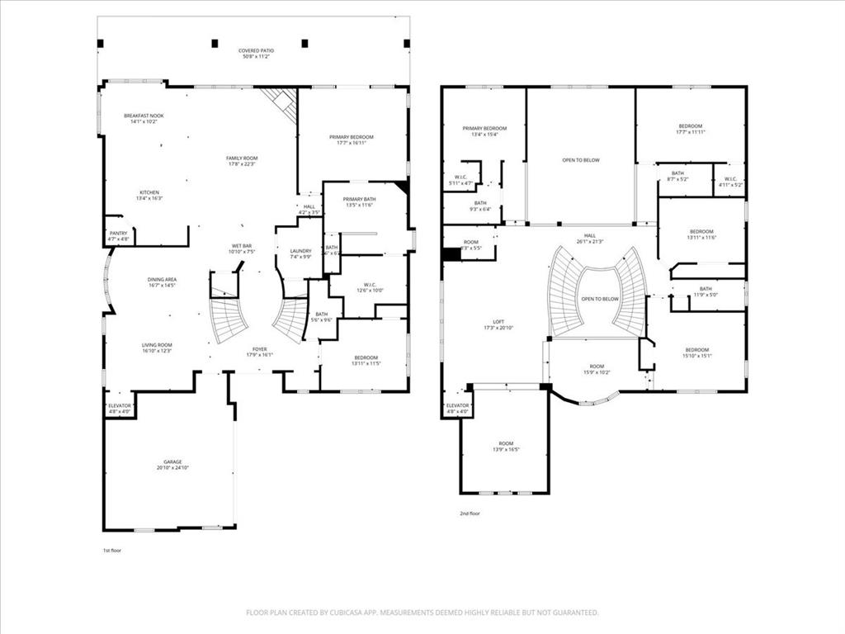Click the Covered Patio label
[257, 51]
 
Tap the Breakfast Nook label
[144, 116]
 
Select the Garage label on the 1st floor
[172, 461]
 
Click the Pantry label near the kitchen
[119, 233]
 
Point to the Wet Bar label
[242, 246]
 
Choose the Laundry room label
[300, 251]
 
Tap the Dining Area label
[163, 280]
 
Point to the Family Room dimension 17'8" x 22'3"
[243, 163]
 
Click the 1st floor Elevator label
[120, 405]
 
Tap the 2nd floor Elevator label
[457, 405]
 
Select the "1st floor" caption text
[111, 550]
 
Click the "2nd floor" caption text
[470, 513]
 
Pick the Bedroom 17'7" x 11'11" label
[691, 126]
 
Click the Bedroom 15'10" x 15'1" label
[696, 350]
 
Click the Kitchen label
[149, 192]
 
